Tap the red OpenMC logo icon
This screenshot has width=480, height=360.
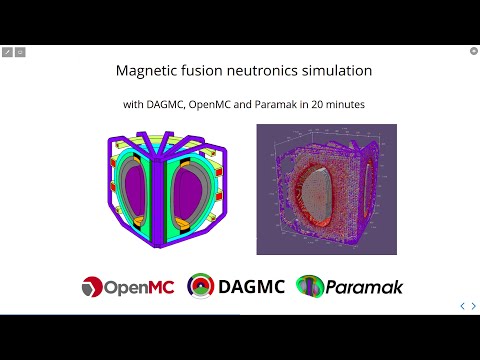tap(91, 287)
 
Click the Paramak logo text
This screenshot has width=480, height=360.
tap(364, 287)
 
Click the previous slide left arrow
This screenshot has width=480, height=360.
tap(460, 305)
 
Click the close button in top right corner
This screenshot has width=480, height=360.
tap(473, 50)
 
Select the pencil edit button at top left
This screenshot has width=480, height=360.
tap(7, 51)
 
